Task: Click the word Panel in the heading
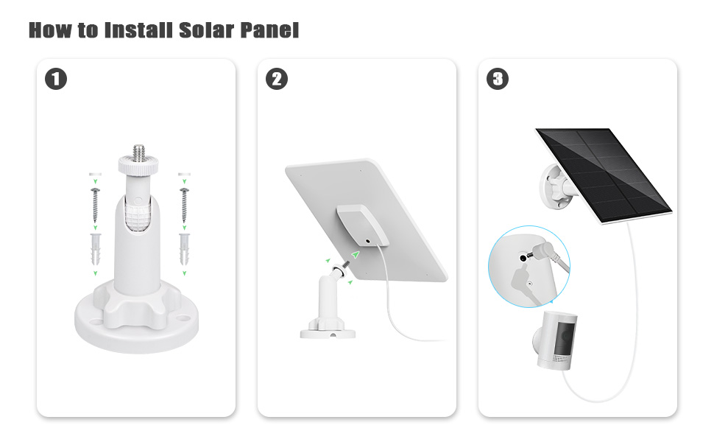tap(270, 30)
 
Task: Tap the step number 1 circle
tap(56, 79)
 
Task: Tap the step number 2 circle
tap(277, 79)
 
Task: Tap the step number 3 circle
tap(498, 79)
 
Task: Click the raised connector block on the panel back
tap(361, 228)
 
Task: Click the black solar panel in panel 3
tap(604, 174)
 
